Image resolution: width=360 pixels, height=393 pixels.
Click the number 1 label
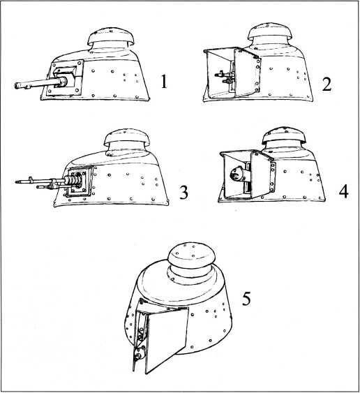pos(164,82)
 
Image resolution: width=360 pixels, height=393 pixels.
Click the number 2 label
pos(327,84)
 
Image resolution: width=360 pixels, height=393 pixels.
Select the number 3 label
pos(183,193)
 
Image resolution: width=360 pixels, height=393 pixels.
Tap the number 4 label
pos(343,192)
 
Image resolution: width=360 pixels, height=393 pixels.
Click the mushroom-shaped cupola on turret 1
pos(111,37)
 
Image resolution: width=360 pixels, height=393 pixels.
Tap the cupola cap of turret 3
pos(127,138)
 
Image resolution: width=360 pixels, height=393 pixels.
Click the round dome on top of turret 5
pos(192,256)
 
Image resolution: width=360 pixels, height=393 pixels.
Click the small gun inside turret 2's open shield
pos(225,77)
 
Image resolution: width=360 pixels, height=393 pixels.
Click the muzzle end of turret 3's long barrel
pos(17,181)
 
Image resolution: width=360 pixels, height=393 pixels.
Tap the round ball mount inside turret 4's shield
pos(236,174)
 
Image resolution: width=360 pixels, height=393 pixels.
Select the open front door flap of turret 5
pos(166,339)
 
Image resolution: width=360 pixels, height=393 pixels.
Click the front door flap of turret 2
pos(247,73)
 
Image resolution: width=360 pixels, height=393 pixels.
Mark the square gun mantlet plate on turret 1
pos(65,77)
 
